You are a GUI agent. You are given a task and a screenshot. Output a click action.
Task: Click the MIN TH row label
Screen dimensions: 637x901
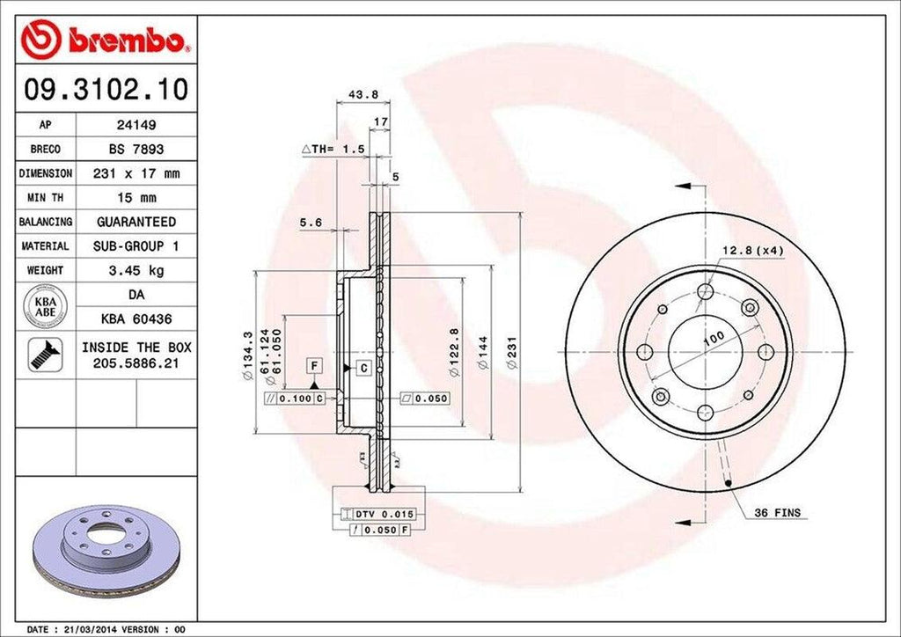[x=45, y=198]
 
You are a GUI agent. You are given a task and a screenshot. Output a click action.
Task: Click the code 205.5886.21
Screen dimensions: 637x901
[x=136, y=362]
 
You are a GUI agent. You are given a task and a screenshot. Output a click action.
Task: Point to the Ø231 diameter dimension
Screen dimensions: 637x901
[x=511, y=353]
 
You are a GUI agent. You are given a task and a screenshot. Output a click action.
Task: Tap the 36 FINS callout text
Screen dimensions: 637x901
[x=777, y=512]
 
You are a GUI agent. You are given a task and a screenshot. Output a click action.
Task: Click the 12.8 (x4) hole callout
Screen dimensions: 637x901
[x=752, y=251]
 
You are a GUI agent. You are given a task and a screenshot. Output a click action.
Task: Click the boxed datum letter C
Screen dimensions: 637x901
[x=363, y=369]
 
